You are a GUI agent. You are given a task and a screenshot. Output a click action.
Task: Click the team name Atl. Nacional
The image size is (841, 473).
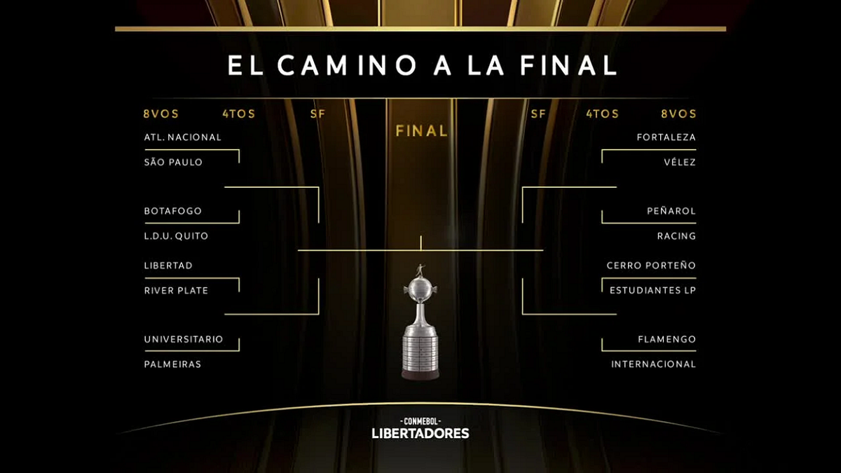(183, 137)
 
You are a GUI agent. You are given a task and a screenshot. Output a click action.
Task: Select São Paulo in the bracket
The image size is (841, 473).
(174, 162)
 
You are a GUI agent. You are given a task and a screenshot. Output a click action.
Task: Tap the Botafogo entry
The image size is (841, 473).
(173, 211)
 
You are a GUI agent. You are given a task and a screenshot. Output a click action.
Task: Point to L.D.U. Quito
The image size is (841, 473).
(176, 236)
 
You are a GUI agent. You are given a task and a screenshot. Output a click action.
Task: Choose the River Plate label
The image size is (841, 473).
(176, 291)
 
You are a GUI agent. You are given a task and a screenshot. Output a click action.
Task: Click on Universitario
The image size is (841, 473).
(184, 339)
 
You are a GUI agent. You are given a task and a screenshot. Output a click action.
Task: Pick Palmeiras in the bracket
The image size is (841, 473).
(172, 364)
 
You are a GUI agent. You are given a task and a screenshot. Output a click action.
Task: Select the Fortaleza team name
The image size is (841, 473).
(666, 137)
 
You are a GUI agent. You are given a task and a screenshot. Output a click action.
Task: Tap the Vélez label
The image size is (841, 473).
(680, 162)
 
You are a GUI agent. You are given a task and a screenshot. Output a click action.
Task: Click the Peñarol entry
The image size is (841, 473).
(671, 211)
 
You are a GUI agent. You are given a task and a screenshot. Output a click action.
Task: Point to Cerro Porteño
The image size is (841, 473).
(651, 266)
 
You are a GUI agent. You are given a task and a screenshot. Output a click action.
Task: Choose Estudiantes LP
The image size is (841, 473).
(653, 291)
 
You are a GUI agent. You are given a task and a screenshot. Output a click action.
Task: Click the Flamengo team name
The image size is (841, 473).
(666, 339)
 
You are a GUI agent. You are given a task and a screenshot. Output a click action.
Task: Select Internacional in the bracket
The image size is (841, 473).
(654, 364)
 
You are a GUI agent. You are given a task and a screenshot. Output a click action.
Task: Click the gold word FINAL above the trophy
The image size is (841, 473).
(422, 131)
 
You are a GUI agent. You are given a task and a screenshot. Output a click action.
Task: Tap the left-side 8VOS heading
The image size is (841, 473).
(161, 114)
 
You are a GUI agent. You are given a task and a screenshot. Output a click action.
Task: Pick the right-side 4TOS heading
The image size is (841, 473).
(603, 114)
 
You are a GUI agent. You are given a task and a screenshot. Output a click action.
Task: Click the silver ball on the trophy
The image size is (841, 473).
(420, 289)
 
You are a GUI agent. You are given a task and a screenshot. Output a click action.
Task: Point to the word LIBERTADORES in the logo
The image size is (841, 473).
(420, 433)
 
